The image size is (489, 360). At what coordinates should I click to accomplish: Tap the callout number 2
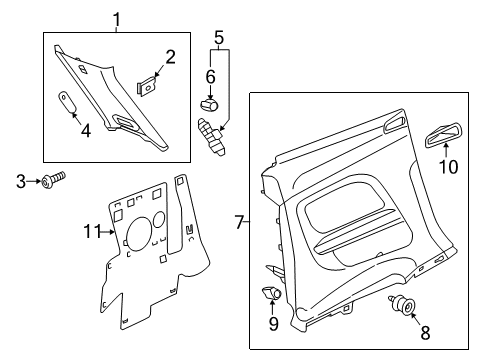point(170,57)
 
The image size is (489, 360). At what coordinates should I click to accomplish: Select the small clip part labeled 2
point(146,86)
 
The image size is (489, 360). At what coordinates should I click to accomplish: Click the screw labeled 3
point(53,179)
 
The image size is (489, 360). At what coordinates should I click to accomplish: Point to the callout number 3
point(21,181)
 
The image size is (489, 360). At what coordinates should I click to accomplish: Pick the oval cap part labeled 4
point(67,102)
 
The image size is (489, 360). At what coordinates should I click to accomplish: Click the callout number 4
point(86,130)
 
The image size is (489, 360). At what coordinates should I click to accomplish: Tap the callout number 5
point(219,37)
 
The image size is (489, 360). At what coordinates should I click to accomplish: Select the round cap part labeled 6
point(209,105)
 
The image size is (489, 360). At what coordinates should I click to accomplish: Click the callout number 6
point(210,77)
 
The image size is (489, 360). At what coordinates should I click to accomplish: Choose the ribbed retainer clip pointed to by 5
point(212,136)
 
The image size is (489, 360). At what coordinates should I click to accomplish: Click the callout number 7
point(240,222)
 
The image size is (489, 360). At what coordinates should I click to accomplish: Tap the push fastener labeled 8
point(402,305)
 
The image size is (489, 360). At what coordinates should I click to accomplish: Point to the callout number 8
point(425,332)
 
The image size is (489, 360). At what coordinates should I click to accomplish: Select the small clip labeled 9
point(271,293)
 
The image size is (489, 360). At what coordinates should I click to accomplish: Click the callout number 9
point(274,324)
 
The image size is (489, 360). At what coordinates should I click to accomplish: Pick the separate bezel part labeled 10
point(443,135)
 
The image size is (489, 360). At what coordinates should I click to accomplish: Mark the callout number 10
point(448,166)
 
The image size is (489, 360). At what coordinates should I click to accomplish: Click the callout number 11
point(92,231)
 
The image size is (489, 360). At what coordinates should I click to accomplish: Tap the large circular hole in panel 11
point(139,233)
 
